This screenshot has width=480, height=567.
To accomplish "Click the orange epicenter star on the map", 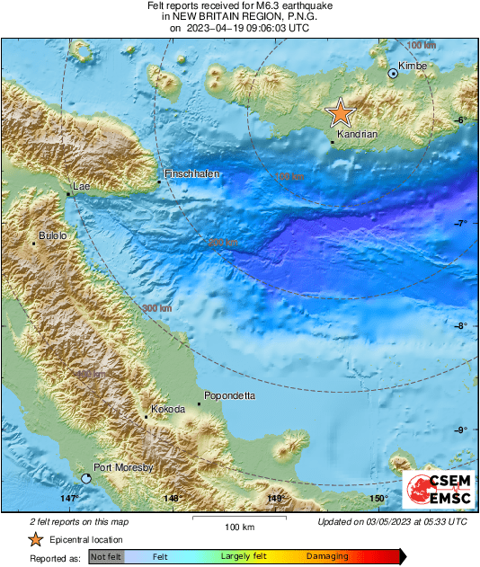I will [x=341, y=112].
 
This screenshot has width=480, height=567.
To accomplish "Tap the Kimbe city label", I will [x=412, y=66].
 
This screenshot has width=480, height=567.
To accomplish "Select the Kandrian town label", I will [x=356, y=133].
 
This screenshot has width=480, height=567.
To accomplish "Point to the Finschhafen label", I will [x=192, y=173].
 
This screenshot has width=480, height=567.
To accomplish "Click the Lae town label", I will [x=82, y=186].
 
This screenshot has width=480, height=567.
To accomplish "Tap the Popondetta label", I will [x=232, y=395].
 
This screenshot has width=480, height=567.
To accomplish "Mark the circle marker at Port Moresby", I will [x=86, y=479].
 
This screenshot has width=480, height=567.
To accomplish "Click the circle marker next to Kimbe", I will [x=393, y=74].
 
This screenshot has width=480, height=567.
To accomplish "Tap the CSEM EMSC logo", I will [x=435, y=490].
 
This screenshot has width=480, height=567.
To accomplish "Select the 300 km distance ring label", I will [x=156, y=309].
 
